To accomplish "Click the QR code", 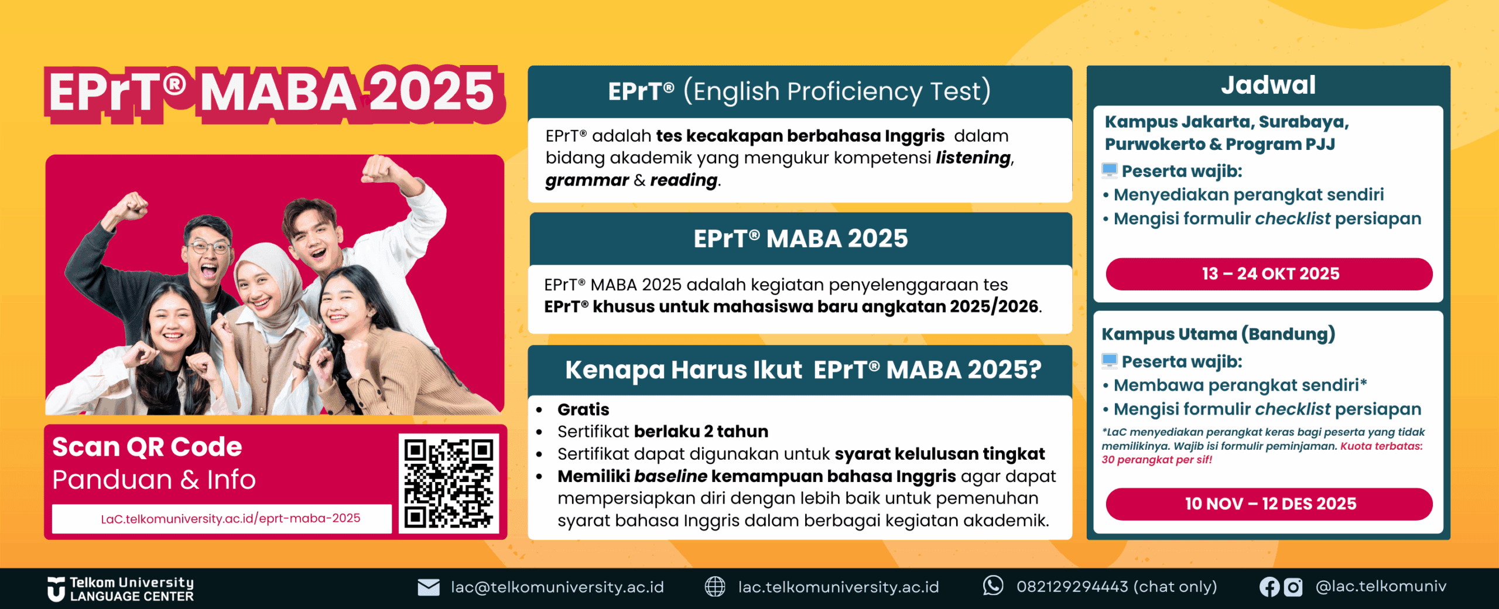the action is pyautogui.click(x=449, y=484).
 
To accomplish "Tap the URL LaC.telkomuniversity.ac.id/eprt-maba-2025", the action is pyautogui.click(x=231, y=518).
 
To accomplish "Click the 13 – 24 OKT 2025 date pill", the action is pyautogui.click(x=1269, y=274).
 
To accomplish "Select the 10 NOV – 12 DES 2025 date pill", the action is pyautogui.click(x=1269, y=504).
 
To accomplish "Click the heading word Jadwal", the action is pyautogui.click(x=1268, y=85).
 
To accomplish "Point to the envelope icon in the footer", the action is pyautogui.click(x=429, y=587).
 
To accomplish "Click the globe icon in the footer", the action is pyautogui.click(x=714, y=586).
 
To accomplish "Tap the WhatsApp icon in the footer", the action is pyautogui.click(x=993, y=586).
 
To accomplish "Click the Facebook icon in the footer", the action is pyautogui.click(x=1269, y=587).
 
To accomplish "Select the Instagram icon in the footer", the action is pyautogui.click(x=1293, y=587).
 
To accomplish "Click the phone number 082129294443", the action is pyautogui.click(x=1072, y=586).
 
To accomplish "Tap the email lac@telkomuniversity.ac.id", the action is pyautogui.click(x=557, y=587).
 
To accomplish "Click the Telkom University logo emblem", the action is pyautogui.click(x=56, y=589).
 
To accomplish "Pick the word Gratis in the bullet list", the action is pyautogui.click(x=583, y=409).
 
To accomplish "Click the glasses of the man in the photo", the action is pyautogui.click(x=208, y=247).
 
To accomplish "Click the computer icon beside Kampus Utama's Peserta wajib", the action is pyautogui.click(x=1109, y=361).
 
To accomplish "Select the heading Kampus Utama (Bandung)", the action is pyautogui.click(x=1218, y=334).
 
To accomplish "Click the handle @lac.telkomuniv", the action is pyautogui.click(x=1381, y=586).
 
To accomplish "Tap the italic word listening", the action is pyautogui.click(x=974, y=158).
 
